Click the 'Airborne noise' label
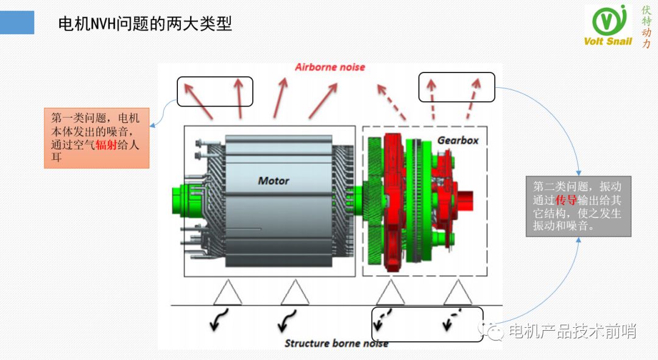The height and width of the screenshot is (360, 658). pyautogui.click(x=330, y=67)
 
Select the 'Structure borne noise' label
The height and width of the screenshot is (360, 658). pyautogui.click(x=336, y=344)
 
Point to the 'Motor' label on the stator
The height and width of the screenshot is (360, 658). pyautogui.click(x=274, y=180)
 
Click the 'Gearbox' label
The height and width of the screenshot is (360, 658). pyautogui.click(x=458, y=140)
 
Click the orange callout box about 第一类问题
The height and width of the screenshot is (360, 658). pyautogui.click(x=96, y=138)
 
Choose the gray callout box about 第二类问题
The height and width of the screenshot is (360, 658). pyautogui.click(x=578, y=206)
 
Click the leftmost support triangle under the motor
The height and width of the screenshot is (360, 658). pyautogui.click(x=227, y=293)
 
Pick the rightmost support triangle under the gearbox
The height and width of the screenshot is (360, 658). pyautogui.click(x=458, y=293)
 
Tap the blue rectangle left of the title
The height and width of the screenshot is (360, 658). pyautogui.click(x=17, y=22)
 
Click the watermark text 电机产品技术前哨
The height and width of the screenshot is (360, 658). pyautogui.click(x=572, y=331)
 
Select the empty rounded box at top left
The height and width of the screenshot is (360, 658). pyautogui.click(x=214, y=91)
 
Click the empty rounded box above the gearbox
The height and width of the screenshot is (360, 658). pyautogui.click(x=456, y=86)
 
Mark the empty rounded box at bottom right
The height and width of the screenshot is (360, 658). pyautogui.click(x=426, y=323)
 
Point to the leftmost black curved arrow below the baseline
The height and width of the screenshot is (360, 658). pyautogui.click(x=219, y=320)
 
